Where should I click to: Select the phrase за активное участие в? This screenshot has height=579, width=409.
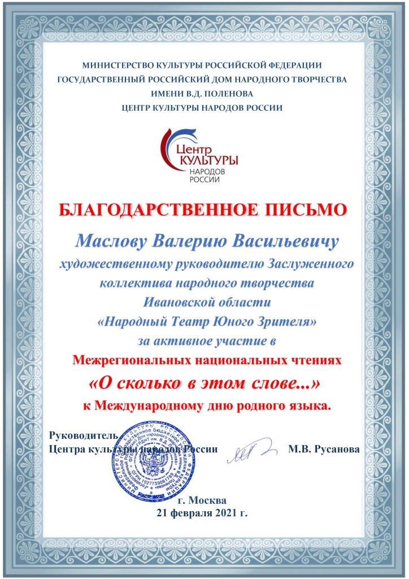[x=204, y=341]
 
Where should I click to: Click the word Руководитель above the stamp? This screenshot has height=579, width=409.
[x=84, y=435]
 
